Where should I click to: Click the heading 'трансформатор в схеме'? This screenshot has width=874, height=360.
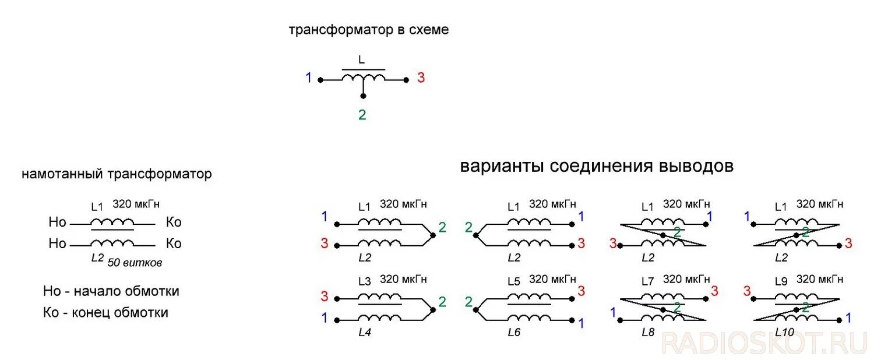[x=369, y=30]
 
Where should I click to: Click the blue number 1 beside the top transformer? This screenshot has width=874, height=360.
[x=309, y=77]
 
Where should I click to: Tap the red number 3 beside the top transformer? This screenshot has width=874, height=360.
[x=421, y=77]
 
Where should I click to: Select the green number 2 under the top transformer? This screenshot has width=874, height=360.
[x=362, y=115]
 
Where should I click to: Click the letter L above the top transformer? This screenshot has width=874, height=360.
[x=362, y=60]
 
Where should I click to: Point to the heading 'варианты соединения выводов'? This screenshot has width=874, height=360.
[x=597, y=167]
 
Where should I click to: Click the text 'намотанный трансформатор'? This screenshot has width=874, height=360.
[x=117, y=174]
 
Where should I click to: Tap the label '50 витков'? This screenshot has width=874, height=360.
[x=135, y=263]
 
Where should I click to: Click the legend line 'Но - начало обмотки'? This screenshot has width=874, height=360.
[x=111, y=291]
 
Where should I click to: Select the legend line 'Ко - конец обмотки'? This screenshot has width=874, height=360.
[x=105, y=313]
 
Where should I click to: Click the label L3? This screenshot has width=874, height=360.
[x=364, y=281]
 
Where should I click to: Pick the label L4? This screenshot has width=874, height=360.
[x=365, y=333]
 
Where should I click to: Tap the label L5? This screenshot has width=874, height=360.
[x=513, y=281]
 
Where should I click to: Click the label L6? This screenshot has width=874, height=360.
[x=514, y=333]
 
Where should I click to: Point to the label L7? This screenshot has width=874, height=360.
[x=647, y=281]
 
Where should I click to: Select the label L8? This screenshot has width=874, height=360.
[x=648, y=333]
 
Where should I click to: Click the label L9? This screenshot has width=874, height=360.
[x=781, y=281]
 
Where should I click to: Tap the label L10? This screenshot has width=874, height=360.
[x=784, y=333]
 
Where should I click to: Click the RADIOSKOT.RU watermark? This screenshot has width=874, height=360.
[x=764, y=344]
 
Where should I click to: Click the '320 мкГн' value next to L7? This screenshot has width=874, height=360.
[x=686, y=280]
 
